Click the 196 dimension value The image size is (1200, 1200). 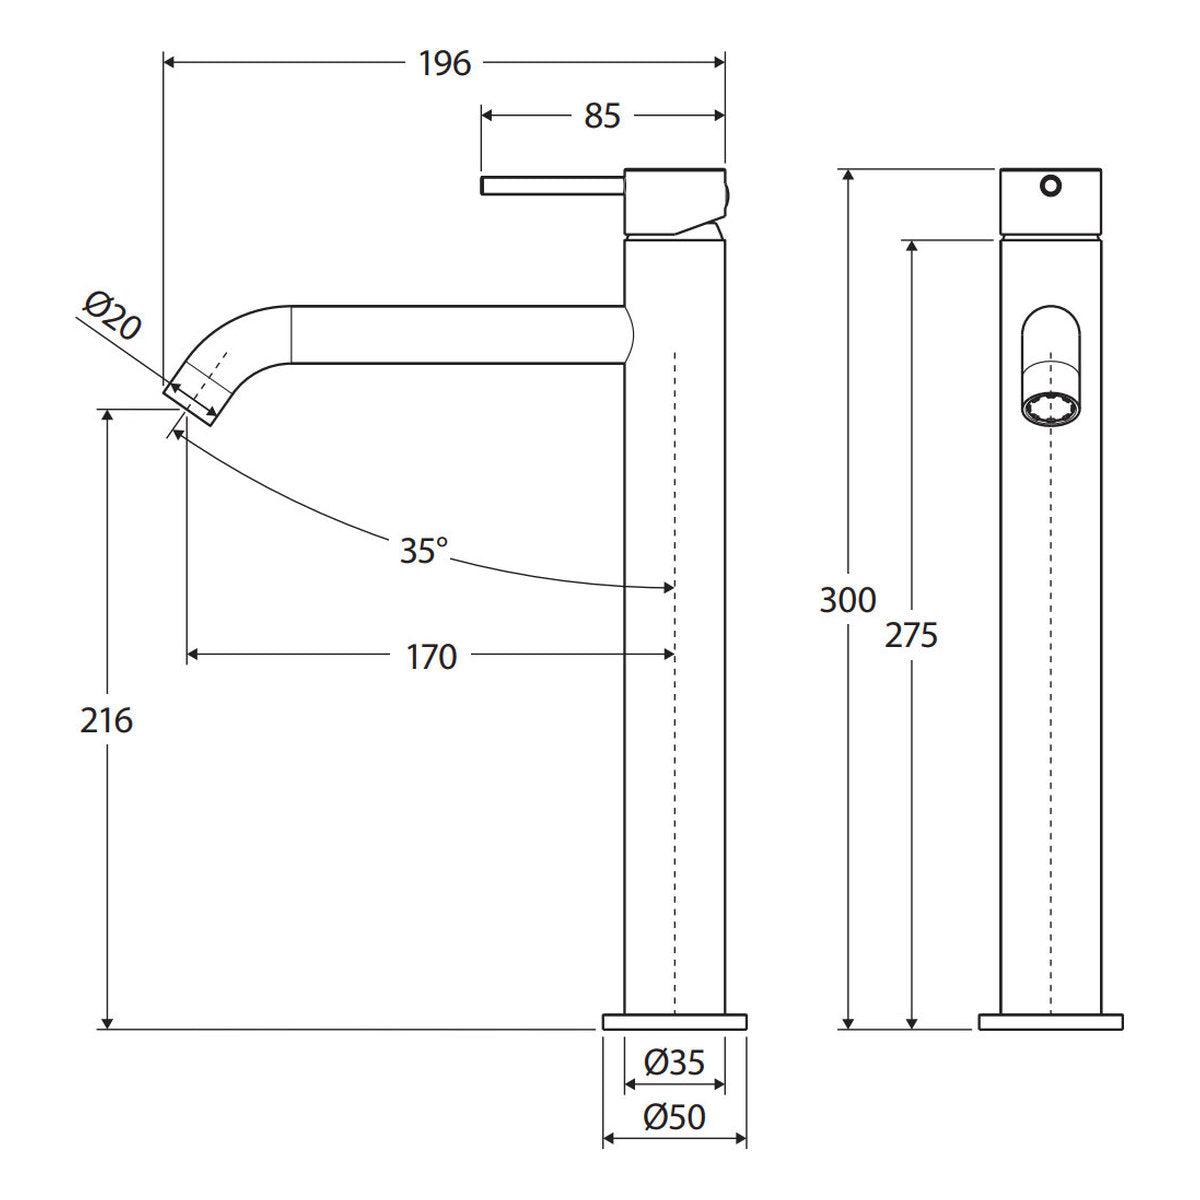(x=445, y=64)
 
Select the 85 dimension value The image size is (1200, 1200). (x=602, y=116)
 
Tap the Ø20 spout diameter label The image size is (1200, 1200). (x=112, y=316)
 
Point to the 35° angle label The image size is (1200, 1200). (x=423, y=550)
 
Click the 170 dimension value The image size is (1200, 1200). (x=432, y=657)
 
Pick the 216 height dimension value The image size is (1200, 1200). (x=106, y=721)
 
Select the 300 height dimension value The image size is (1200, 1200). (x=848, y=600)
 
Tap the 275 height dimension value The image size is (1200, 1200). (x=911, y=636)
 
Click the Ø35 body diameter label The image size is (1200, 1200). (x=674, y=1062)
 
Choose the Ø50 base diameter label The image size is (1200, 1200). (x=674, y=1117)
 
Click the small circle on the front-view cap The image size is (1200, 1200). (x=1051, y=186)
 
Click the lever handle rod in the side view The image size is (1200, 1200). (x=552, y=186)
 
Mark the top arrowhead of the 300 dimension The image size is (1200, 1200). (x=848, y=176)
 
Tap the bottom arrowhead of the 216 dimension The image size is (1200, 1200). (x=108, y=1023)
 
